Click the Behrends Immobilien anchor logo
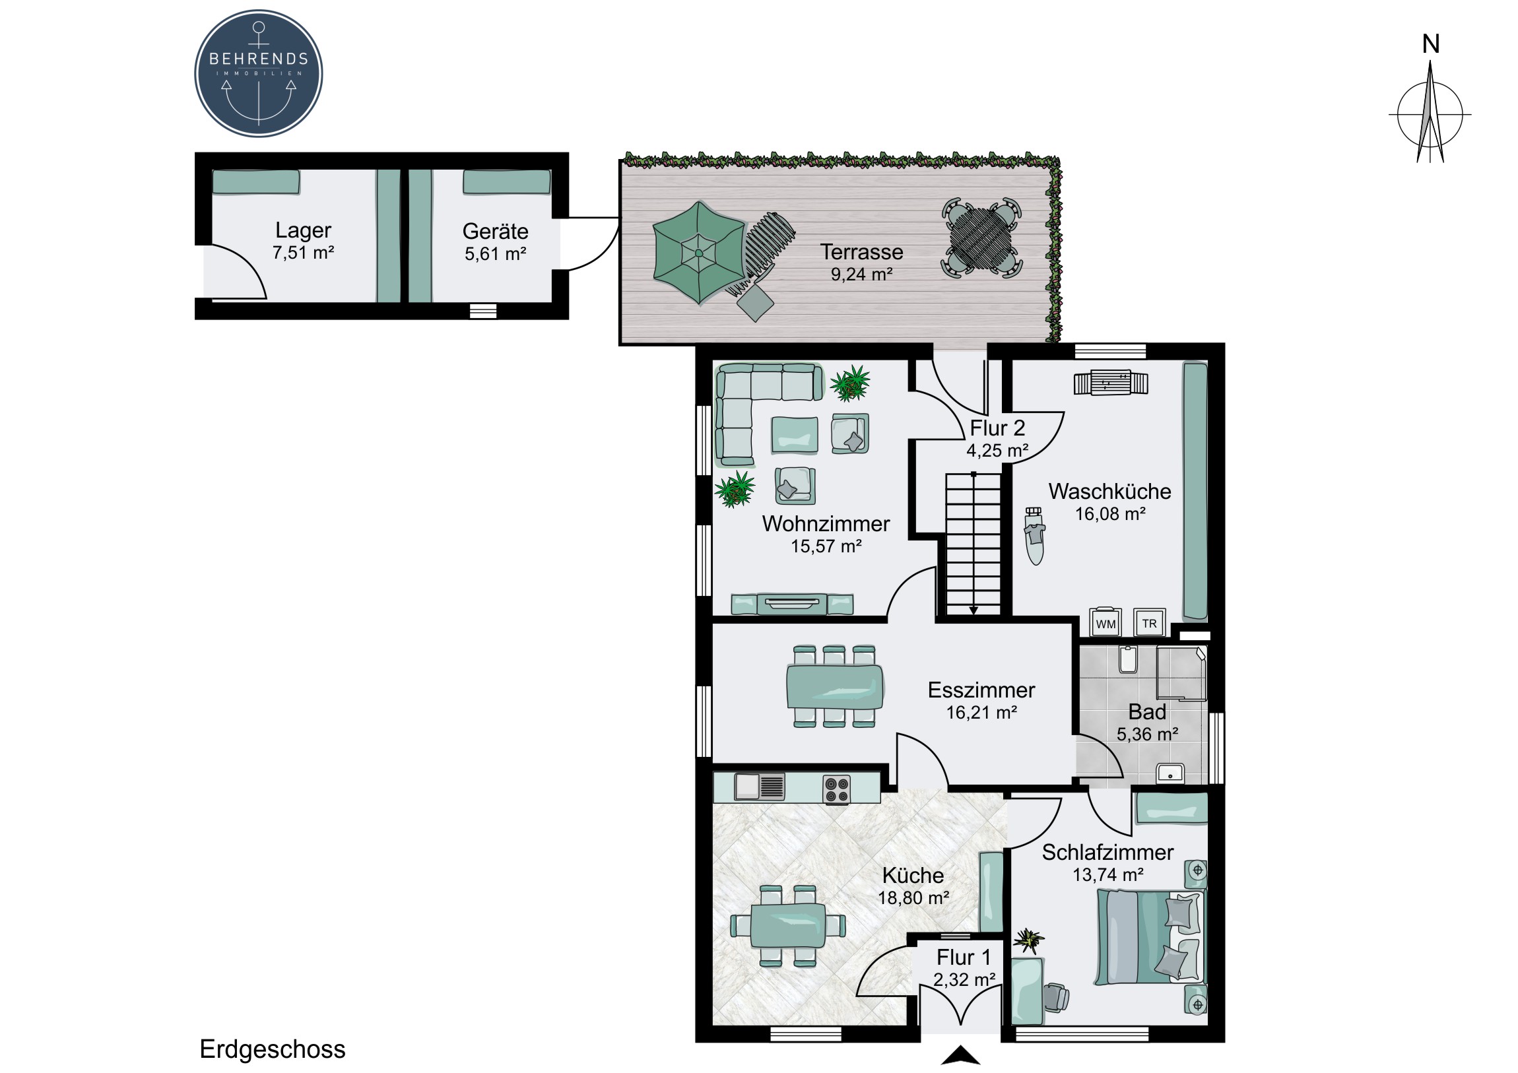[x=259, y=73]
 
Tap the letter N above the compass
[x=1431, y=44]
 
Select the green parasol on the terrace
[x=698, y=253]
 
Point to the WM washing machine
[x=1105, y=622]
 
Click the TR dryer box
[x=1150, y=622]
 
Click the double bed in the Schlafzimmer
[x=1151, y=936]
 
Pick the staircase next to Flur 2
[x=973, y=544]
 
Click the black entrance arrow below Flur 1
[x=961, y=1056]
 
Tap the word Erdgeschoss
[x=273, y=1049]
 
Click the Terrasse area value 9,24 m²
[x=861, y=274]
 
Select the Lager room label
[x=303, y=230]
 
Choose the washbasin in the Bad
[x=1170, y=772]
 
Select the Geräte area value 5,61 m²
[x=495, y=254]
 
